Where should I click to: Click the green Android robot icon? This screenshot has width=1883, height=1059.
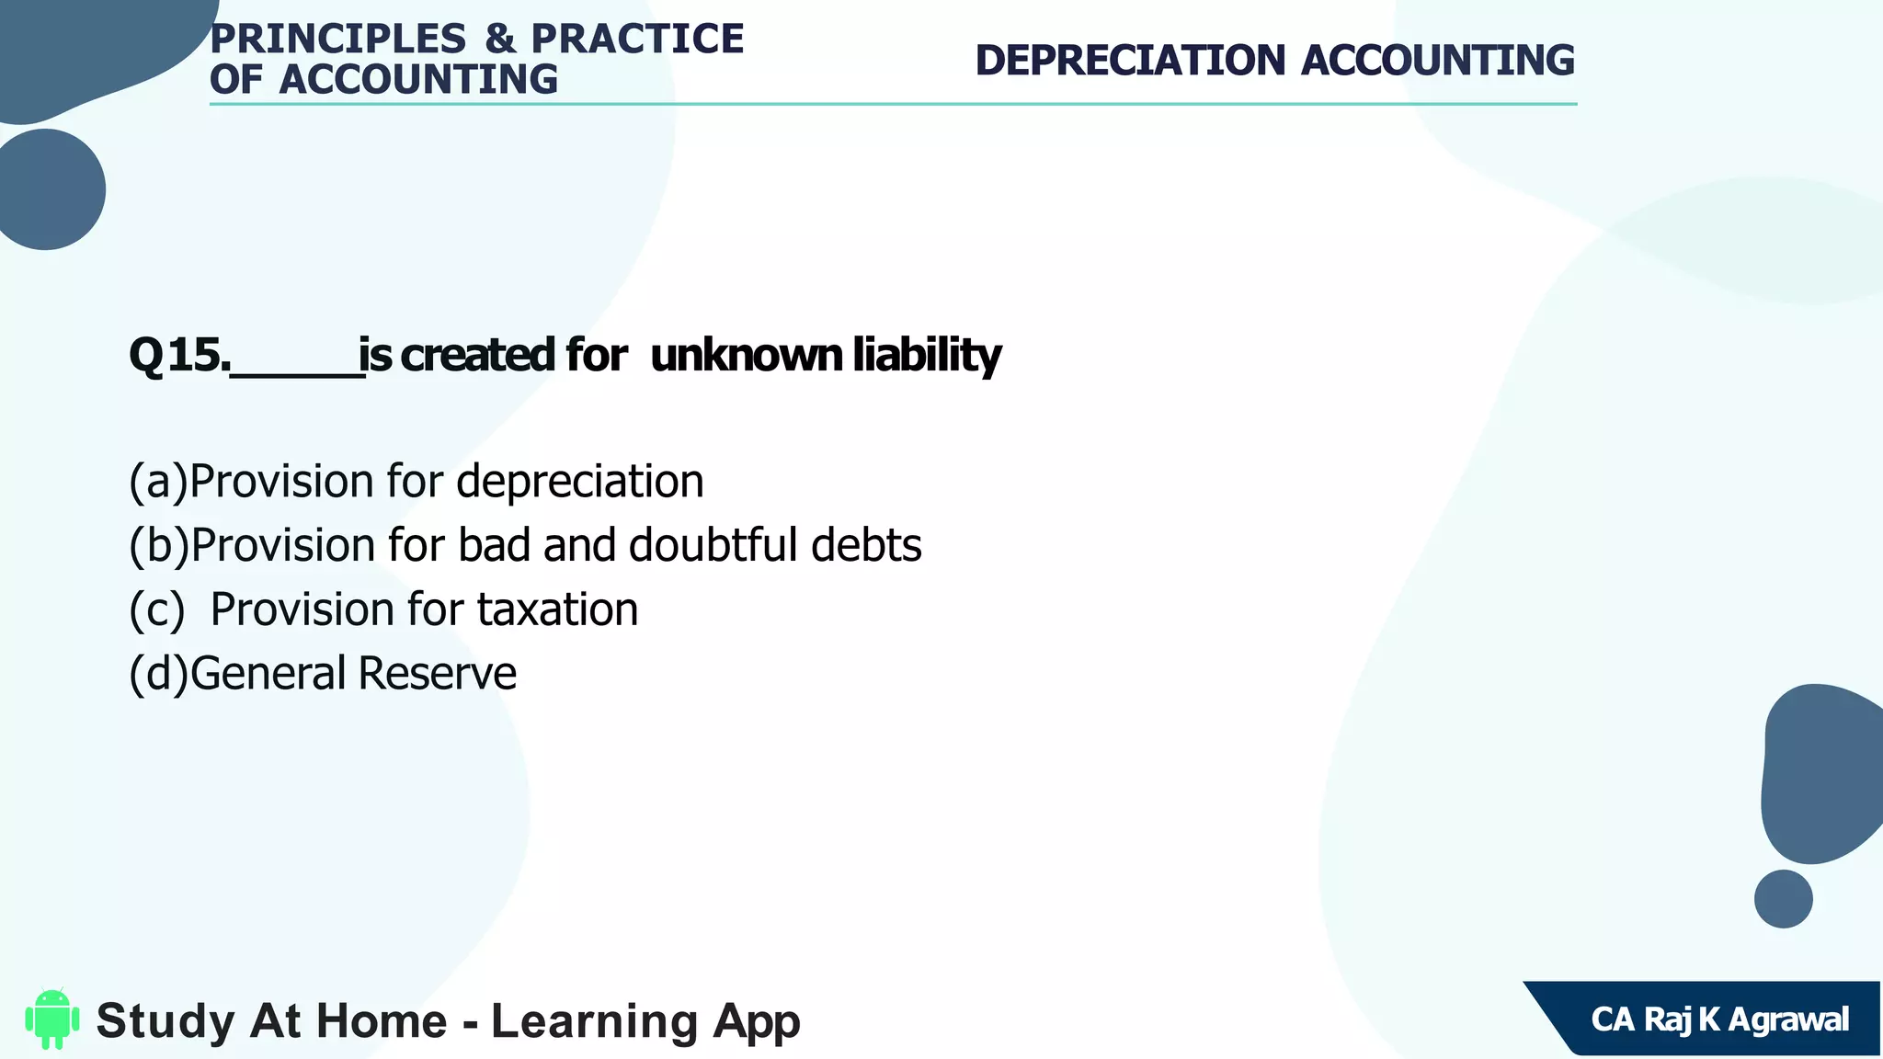(x=52, y=1019)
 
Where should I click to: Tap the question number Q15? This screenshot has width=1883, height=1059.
(x=179, y=356)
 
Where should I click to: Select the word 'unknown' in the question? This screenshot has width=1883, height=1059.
(x=746, y=356)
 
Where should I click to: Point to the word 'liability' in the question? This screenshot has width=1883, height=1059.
(x=927, y=356)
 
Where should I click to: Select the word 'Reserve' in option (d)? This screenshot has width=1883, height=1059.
(x=437, y=673)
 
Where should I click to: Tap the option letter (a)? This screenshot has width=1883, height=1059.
(x=158, y=482)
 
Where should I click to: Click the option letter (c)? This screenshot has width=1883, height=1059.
(x=157, y=609)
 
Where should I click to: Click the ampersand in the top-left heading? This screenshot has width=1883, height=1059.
(x=499, y=39)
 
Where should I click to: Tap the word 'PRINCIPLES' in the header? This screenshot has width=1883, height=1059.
(x=338, y=39)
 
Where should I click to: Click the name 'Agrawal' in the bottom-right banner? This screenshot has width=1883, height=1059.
(x=1788, y=1019)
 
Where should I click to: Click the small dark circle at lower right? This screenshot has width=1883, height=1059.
(x=1783, y=899)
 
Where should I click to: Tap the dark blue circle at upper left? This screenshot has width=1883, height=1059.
(x=46, y=189)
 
